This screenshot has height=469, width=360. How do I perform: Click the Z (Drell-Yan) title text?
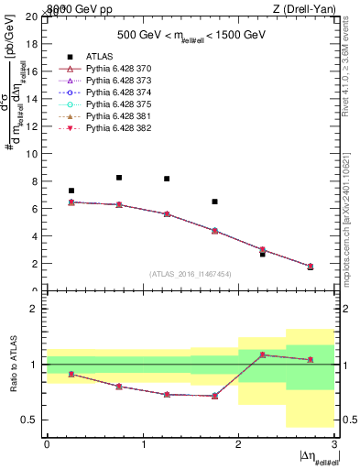tap(303, 8)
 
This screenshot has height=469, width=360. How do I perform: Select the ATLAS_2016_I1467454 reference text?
tap(191, 274)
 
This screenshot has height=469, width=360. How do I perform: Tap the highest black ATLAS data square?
tap(119, 178)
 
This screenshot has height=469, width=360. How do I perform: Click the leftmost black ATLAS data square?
tap(71, 191)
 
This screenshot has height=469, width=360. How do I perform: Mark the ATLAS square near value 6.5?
tap(214, 202)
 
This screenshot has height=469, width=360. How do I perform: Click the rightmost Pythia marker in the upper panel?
tap(311, 267)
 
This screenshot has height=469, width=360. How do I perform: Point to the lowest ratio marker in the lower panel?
tap(214, 396)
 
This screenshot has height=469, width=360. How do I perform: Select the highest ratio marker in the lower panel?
tap(262, 354)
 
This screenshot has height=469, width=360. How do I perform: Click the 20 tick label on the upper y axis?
tap(32, 16)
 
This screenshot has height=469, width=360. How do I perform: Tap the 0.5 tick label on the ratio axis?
tap(29, 420)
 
